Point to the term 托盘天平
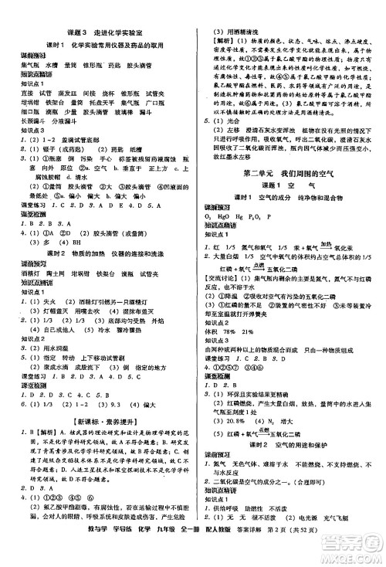(x=102, y=101)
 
